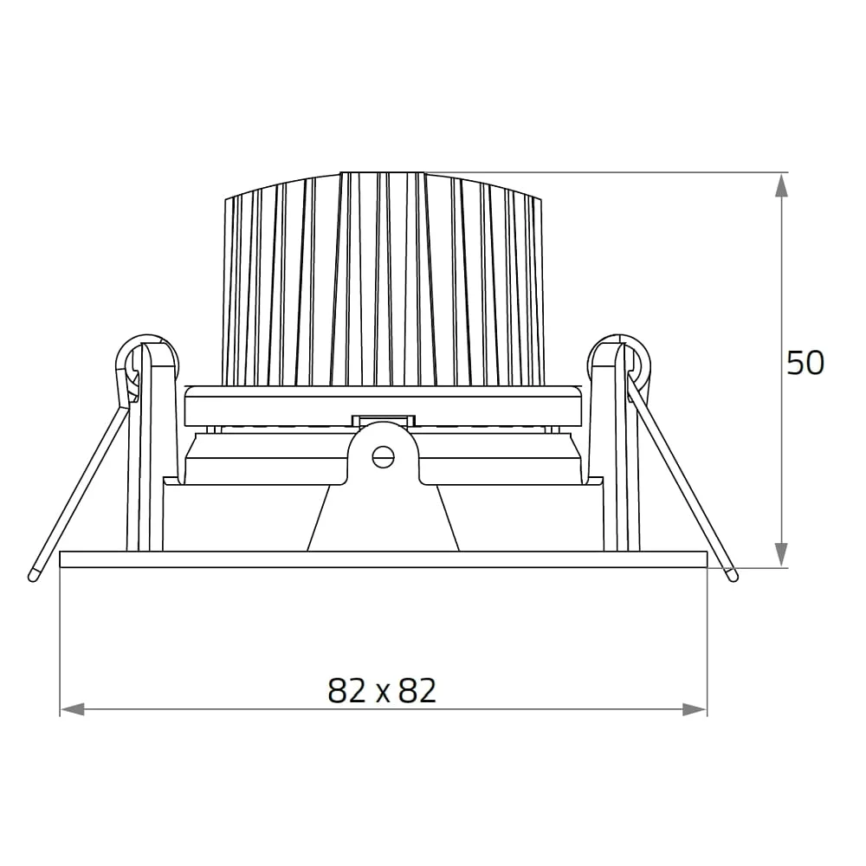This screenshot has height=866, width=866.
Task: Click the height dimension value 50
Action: pos(805,363)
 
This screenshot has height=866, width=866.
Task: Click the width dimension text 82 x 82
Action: pos(382,690)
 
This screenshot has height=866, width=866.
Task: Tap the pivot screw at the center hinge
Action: pos(383,456)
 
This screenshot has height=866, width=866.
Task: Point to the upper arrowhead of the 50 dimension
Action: pos(780,185)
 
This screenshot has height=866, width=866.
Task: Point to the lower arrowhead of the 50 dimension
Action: pos(780,554)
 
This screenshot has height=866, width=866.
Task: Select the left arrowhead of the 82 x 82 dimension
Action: pos(73,710)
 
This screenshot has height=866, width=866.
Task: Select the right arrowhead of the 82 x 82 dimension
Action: pos(695,710)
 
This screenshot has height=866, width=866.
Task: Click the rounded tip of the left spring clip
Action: pos(33,576)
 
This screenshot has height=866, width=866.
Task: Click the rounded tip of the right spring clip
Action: pos(733,576)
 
